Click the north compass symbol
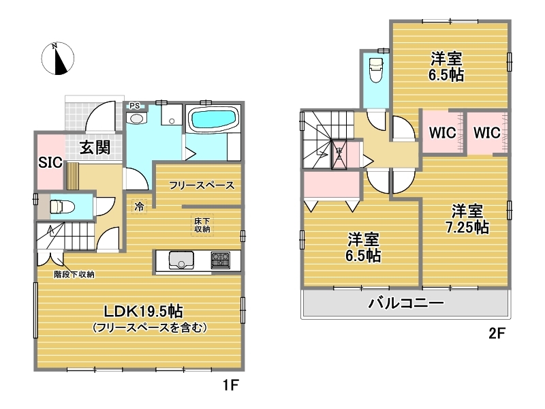click(58, 59)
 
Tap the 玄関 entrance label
click(95, 147)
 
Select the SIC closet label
click(50, 162)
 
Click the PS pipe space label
click(134, 106)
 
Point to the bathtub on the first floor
click(213, 119)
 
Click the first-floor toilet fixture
click(63, 207)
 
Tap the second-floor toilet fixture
click(376, 70)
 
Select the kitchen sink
click(181, 260)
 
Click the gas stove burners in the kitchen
click(220, 260)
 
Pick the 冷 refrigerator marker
click(139, 207)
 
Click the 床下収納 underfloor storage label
click(202, 225)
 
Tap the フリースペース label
click(202, 185)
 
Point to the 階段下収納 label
click(74, 275)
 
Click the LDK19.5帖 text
click(144, 312)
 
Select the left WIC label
click(442, 132)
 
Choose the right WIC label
click(486, 132)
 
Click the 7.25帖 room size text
click(467, 228)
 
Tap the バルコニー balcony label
click(406, 303)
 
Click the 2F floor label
click(497, 333)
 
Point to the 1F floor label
click(230, 385)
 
